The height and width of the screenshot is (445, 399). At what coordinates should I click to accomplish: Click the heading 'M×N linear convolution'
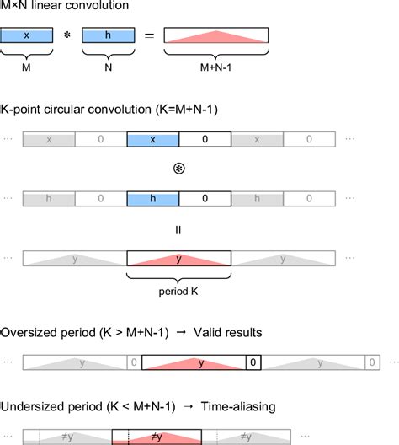(x=65, y=8)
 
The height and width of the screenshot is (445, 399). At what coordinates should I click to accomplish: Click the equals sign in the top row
(x=148, y=38)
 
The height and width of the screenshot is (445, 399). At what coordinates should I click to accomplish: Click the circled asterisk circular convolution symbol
(x=178, y=168)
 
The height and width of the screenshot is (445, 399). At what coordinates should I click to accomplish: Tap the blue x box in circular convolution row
(x=152, y=139)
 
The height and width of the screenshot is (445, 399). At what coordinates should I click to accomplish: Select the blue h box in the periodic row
(x=152, y=198)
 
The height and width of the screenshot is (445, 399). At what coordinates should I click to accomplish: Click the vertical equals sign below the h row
(x=178, y=228)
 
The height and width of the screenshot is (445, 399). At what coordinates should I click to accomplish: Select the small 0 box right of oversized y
(x=252, y=362)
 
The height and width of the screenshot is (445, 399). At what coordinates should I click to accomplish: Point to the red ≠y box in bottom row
(x=157, y=437)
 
